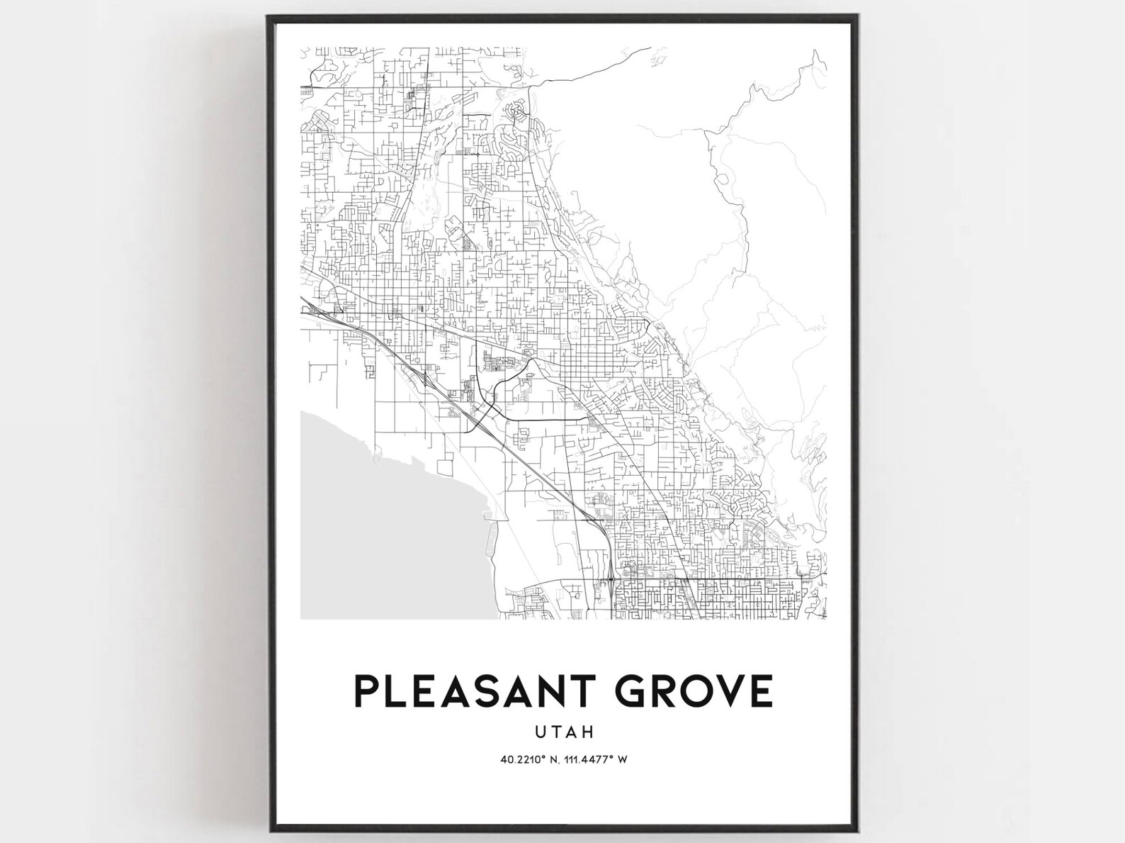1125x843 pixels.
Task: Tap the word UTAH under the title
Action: point(564,731)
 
